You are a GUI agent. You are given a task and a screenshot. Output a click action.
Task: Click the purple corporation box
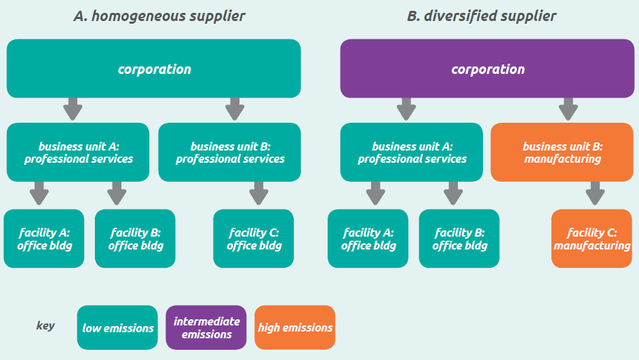click(x=488, y=68)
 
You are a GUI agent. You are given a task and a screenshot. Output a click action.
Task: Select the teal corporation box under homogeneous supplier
click(x=154, y=68)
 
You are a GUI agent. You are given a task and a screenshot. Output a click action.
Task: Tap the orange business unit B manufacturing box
click(x=562, y=153)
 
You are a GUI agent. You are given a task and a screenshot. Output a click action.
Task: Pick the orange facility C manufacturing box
click(x=592, y=239)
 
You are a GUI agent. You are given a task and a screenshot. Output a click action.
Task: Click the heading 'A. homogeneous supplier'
click(x=159, y=16)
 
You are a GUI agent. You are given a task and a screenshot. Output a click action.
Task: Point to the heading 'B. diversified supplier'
click(x=481, y=16)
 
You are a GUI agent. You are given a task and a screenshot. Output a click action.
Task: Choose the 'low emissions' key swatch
click(x=118, y=327)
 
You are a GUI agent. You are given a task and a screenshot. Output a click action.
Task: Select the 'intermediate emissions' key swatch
click(x=206, y=327)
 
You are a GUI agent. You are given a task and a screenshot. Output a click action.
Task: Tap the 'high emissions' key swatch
click(x=295, y=327)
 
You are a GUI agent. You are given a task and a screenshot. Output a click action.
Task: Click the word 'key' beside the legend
click(x=45, y=326)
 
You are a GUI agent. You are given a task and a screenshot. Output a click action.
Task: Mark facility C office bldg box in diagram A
click(x=254, y=239)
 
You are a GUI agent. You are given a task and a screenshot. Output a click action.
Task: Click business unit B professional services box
click(x=230, y=153)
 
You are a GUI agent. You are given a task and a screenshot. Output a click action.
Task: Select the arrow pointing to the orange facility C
click(x=596, y=193)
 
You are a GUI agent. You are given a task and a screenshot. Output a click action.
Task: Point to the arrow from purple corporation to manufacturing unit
click(x=568, y=108)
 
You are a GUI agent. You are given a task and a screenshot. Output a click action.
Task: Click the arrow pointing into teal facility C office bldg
click(x=258, y=193)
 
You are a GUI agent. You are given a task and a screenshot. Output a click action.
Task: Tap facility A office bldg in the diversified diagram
click(x=368, y=239)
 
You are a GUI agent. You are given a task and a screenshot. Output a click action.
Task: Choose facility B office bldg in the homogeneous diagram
click(x=135, y=239)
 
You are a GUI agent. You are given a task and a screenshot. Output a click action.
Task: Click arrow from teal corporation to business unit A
click(x=73, y=108)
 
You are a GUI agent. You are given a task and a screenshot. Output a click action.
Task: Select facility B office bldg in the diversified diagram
click(x=459, y=239)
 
